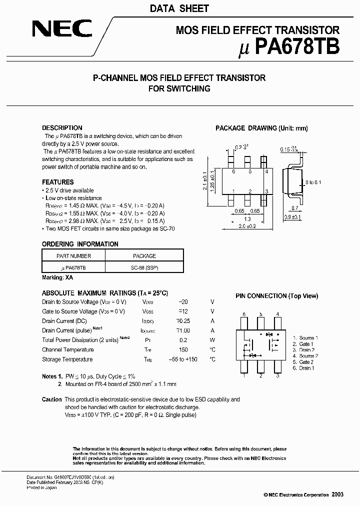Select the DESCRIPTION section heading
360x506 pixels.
pyautogui.click(x=62, y=128)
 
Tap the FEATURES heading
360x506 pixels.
pyautogui.click(x=57, y=182)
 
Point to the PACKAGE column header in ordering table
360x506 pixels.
pyautogui.click(x=144, y=256)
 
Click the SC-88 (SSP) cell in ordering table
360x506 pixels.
pyautogui.click(x=143, y=268)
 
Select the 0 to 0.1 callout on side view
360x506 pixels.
pyautogui.click(x=313, y=182)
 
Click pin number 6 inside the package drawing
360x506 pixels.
pyautogui.click(x=233, y=171)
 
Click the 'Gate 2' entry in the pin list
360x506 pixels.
pyautogui.click(x=306, y=362)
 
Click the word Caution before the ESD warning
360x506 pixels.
pyautogui.click(x=51, y=399)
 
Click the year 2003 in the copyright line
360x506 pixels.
pyautogui.click(x=337, y=494)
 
